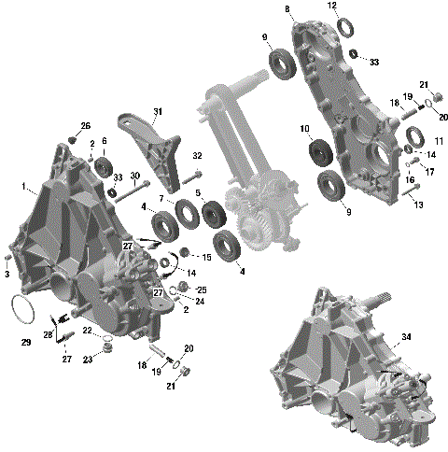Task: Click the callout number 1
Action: (23, 186)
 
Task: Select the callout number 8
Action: (288, 9)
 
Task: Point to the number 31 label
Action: (158, 111)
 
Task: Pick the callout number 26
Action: (86, 126)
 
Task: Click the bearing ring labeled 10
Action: (322, 151)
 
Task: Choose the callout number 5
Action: (197, 193)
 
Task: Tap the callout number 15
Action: (206, 257)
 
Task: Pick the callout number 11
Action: (439, 140)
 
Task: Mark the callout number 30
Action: (135, 177)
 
